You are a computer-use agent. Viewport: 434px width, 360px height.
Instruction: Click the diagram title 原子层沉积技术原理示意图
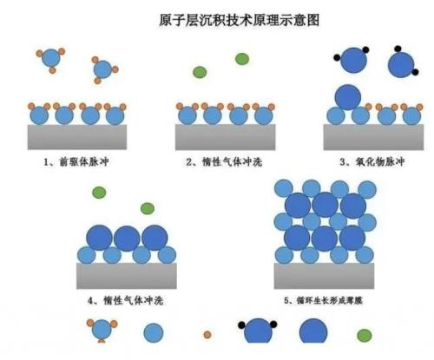239,20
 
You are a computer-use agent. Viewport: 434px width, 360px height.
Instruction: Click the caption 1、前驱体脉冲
76,161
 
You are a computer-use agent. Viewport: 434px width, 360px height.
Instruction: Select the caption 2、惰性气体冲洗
224,161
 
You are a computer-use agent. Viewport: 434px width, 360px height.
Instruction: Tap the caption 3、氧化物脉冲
372,161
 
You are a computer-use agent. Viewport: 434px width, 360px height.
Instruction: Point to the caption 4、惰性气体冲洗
125,301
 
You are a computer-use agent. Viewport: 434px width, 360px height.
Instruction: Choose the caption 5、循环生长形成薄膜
323,301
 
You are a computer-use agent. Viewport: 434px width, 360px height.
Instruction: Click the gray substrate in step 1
77,137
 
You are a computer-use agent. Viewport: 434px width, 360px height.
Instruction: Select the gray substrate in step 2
225,137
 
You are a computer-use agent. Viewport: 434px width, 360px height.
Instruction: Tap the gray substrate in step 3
373,137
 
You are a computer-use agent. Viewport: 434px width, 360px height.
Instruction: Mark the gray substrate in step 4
127,276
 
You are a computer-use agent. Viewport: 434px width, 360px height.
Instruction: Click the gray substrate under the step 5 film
324,276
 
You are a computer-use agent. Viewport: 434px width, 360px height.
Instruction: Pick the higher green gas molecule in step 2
242,59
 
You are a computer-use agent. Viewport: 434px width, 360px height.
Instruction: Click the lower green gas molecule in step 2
200,72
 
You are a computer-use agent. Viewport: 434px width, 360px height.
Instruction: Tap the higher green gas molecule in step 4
99,193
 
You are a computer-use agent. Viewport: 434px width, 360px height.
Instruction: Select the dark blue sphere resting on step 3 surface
348,97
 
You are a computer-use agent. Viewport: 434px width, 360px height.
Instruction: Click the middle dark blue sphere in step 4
127,239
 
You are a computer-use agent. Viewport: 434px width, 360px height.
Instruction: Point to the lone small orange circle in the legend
207,335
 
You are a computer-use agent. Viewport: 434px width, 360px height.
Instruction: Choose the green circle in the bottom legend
365,336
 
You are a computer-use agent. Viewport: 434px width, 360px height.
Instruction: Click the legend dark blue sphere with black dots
258,331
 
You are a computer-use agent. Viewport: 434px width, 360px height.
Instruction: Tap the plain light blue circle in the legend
154,333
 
